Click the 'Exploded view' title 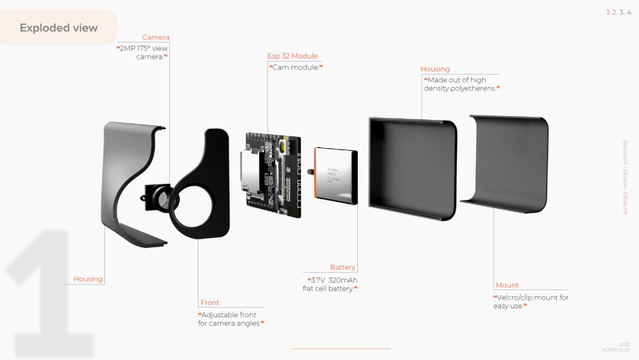[x=59, y=28]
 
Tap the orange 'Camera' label [x=156, y=37]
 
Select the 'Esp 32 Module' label [x=292, y=56]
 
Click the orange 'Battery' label [x=343, y=268]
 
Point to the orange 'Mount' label [x=507, y=285]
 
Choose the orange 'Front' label [x=209, y=303]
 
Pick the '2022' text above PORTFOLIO [x=624, y=344]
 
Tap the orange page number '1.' [x=608, y=12]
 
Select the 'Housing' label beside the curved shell [x=88, y=279]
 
